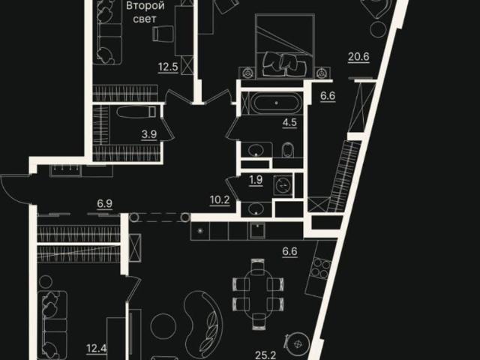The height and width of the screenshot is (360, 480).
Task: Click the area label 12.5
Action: [168, 67]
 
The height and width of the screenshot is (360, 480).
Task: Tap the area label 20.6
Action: [358, 57]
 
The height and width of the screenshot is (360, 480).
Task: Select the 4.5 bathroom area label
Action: [289, 122]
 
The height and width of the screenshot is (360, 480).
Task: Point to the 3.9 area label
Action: [149, 134]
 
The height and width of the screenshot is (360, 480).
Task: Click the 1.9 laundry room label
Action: [256, 180]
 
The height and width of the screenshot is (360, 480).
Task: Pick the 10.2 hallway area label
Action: [220, 200]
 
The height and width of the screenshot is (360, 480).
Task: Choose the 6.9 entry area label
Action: [105, 203]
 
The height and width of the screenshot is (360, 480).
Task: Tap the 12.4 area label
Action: [97, 348]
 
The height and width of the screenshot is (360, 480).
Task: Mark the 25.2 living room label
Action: [265, 355]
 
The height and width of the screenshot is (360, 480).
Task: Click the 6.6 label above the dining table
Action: [289, 251]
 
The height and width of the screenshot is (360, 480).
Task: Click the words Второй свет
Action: [145, 12]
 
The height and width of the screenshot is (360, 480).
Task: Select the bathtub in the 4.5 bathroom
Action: [277, 103]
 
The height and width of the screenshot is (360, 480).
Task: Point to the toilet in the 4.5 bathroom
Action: [287, 150]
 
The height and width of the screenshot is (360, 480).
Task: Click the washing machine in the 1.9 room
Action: [283, 185]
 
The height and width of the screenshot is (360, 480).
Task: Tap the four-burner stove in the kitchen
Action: [320, 268]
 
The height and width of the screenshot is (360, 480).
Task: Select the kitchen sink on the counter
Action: [258, 230]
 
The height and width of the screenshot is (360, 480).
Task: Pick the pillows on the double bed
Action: [285, 64]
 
